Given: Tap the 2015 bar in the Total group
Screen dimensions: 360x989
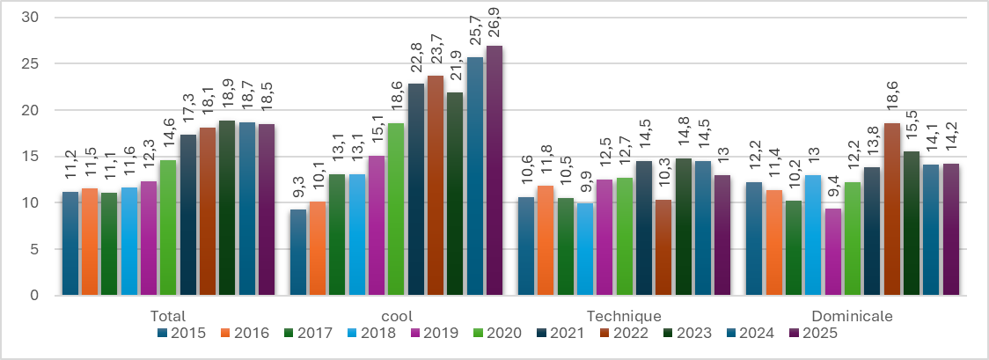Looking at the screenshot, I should click(70, 243).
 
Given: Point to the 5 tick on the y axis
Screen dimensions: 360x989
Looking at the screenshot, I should click(34, 249).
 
